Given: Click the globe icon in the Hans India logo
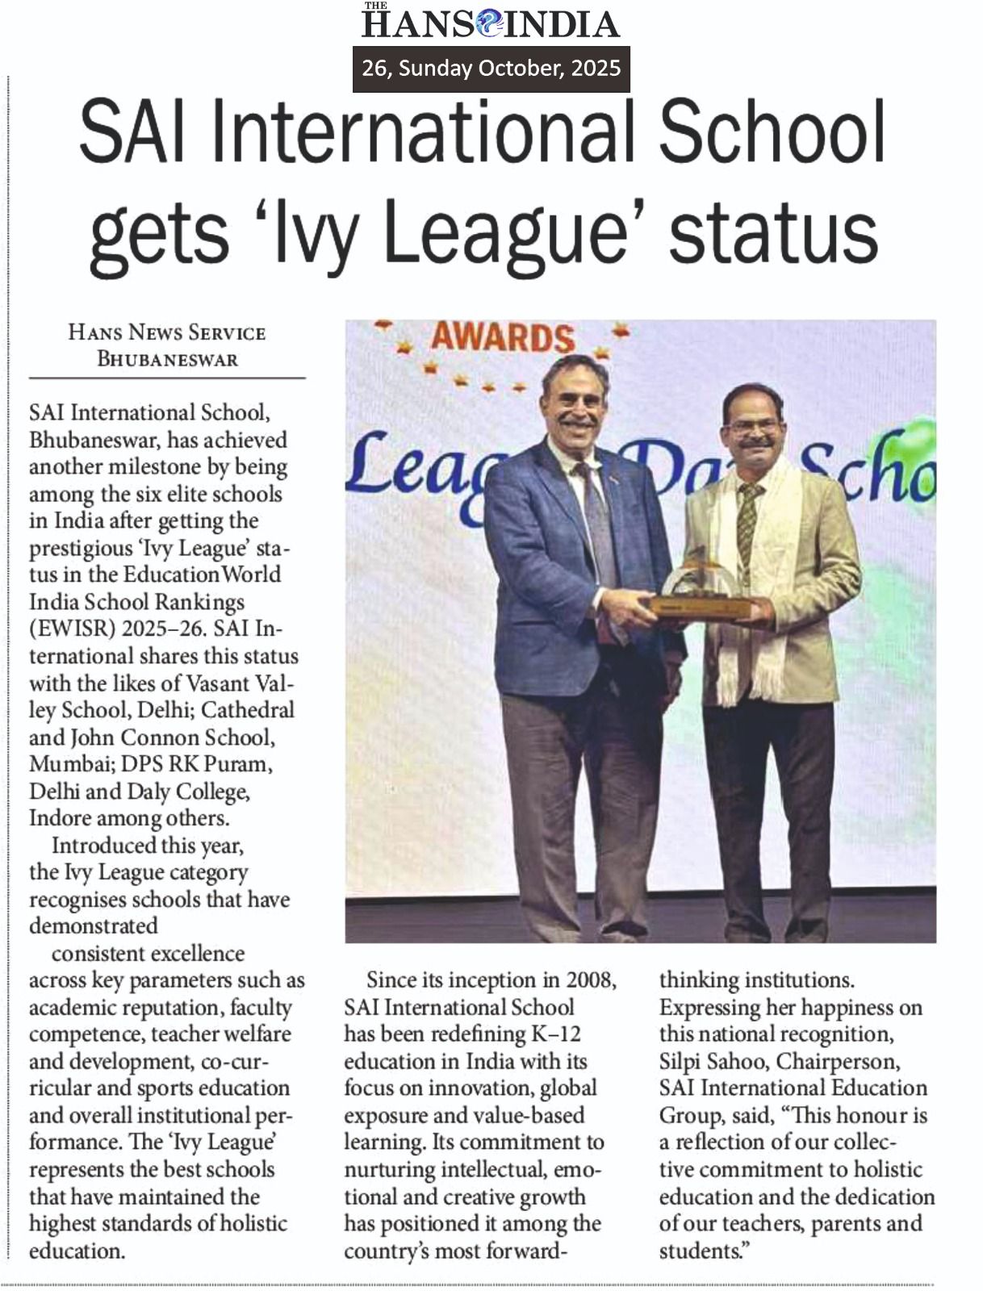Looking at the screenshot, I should tap(489, 23).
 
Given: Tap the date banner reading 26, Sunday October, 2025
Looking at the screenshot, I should tap(491, 68).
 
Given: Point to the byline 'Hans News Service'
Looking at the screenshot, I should tap(167, 332).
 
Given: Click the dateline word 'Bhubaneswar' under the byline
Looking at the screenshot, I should tap(167, 359).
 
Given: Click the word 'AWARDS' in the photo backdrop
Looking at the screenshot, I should tap(503, 337).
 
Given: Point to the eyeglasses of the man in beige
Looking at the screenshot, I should tap(752, 426).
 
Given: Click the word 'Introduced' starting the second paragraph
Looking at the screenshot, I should tap(103, 846).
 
